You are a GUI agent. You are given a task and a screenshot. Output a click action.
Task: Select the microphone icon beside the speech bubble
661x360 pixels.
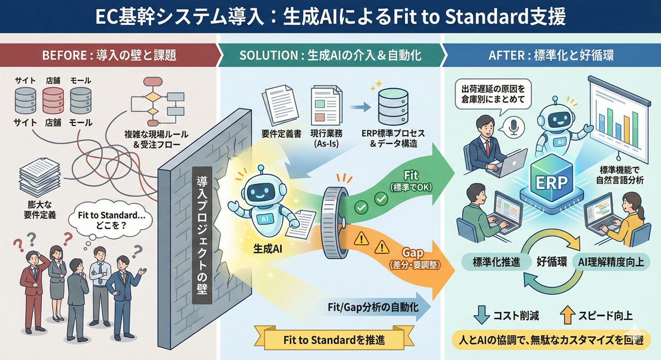tap(516, 127)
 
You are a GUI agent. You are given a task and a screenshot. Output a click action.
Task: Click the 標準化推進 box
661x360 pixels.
tap(496, 261)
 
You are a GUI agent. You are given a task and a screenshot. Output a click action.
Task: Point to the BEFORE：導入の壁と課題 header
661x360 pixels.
tap(109, 56)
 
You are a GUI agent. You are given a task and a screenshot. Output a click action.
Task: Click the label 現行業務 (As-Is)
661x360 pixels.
tap(327, 138)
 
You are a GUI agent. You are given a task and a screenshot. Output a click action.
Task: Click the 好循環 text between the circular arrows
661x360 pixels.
tap(552, 261)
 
